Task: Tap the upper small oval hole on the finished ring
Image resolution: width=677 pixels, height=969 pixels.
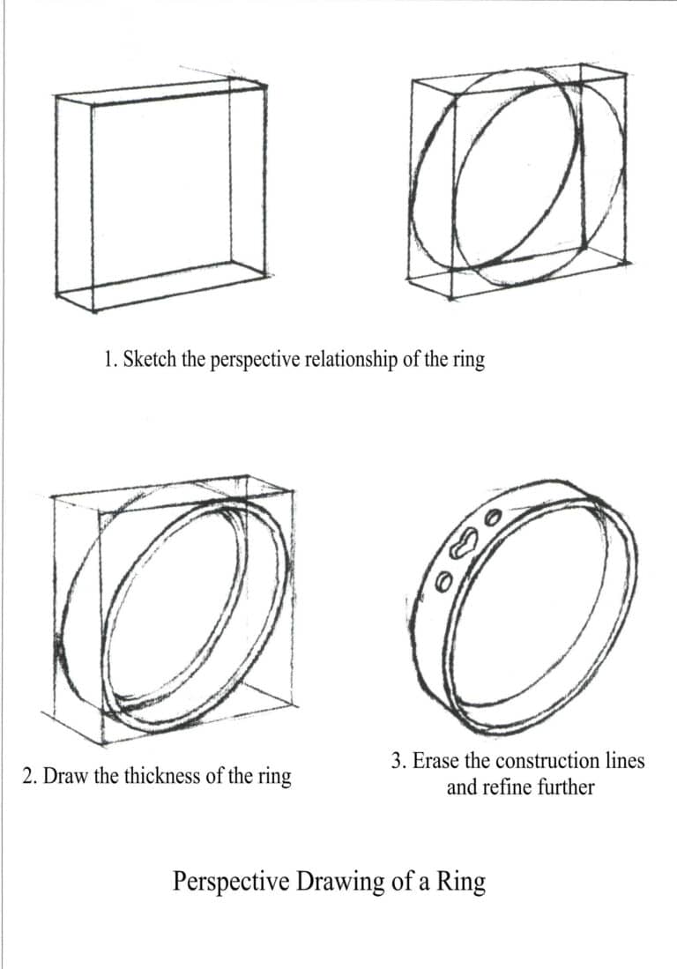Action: point(494,517)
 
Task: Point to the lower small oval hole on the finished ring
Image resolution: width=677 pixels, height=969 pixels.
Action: point(445,580)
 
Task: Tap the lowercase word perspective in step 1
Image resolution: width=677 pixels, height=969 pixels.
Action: point(253,362)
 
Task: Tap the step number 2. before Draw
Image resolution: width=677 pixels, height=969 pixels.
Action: point(29,777)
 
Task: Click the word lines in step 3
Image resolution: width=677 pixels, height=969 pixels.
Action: point(625,760)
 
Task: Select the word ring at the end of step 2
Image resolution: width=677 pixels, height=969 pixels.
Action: point(274,779)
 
